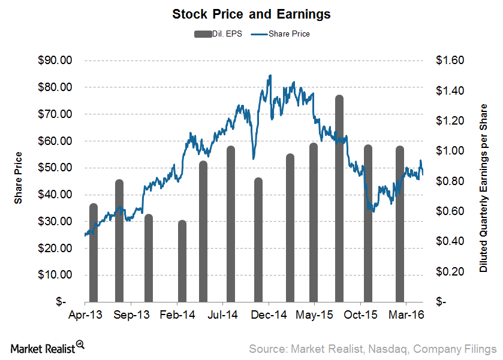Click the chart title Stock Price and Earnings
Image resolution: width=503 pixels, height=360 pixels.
251,13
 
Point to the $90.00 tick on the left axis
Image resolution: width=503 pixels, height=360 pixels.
55,60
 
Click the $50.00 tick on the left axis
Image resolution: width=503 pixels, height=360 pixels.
55,168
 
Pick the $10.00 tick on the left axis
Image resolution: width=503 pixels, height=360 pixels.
55,275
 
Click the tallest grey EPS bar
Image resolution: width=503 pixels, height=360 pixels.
339,198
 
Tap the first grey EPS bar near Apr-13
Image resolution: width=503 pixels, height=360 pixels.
93,252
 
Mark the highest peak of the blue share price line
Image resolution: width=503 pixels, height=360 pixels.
270,75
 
